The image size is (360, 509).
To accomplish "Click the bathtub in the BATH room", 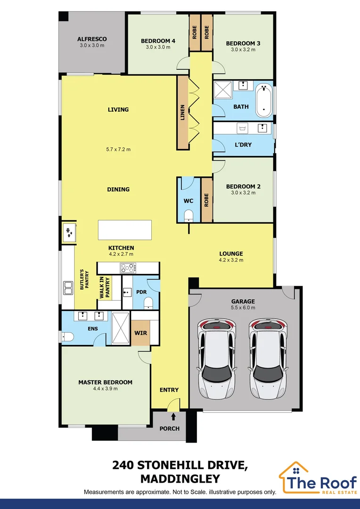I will tap(264, 100).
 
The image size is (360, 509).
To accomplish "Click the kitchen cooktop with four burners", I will tap(128, 268).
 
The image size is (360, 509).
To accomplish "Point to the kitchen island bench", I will tap(124, 230).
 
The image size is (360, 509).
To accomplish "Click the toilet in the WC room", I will tap(188, 216).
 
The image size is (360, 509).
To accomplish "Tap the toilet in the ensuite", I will tap(65, 337).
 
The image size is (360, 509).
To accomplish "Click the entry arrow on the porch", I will tap(174, 416).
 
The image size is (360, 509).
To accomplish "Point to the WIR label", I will tap(139, 333).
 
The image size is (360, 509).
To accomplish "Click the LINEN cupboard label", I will tap(183, 113).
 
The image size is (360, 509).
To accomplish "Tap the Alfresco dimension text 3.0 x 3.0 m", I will tap(92, 46).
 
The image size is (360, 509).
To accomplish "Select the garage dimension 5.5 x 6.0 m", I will tap(243, 308).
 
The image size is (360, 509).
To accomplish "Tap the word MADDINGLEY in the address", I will tap(180, 479).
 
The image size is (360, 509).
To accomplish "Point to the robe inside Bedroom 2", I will tap(206, 199).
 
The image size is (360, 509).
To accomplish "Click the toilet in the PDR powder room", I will tap(147, 302).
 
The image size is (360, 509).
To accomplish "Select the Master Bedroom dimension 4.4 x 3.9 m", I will tap(105, 389).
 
